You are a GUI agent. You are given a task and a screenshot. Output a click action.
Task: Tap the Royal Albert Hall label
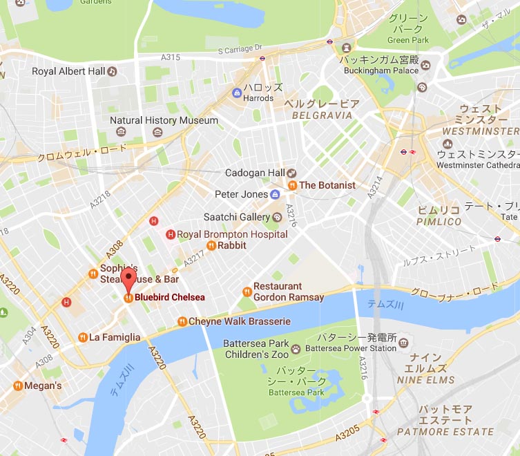[68, 71]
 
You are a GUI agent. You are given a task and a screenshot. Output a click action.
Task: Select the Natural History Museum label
[164, 120]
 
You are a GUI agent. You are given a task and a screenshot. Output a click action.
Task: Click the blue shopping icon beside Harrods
[237, 92]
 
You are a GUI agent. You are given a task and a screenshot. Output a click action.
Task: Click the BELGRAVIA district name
[322, 115]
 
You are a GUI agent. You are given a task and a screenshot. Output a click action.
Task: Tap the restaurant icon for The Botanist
[292, 185]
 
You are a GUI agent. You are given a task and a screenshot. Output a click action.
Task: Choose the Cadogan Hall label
[255, 173]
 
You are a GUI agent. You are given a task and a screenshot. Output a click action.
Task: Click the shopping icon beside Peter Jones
[275, 194]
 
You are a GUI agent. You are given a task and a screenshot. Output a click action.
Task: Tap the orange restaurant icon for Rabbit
[211, 245]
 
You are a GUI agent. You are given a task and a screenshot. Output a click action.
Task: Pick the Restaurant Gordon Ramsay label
[288, 292]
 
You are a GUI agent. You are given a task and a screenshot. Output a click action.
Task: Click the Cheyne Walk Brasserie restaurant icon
[182, 321]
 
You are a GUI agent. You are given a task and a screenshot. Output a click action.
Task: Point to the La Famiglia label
[115, 337]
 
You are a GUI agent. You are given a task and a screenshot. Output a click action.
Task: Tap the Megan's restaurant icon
[17, 386]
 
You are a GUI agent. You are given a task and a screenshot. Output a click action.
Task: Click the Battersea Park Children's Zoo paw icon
[296, 349]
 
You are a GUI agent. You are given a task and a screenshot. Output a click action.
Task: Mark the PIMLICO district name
[439, 221]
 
